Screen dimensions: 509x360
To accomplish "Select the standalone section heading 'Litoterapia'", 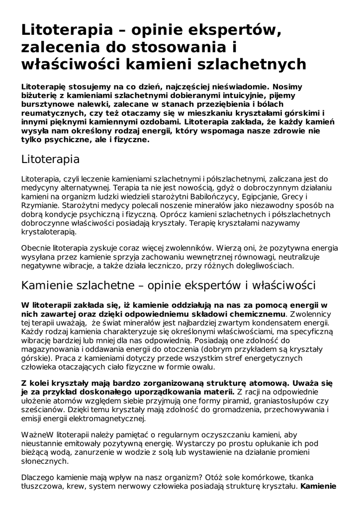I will [50, 160].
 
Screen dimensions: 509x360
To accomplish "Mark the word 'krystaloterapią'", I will [49, 232].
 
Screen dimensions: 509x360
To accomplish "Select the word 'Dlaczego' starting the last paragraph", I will [38, 478].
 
